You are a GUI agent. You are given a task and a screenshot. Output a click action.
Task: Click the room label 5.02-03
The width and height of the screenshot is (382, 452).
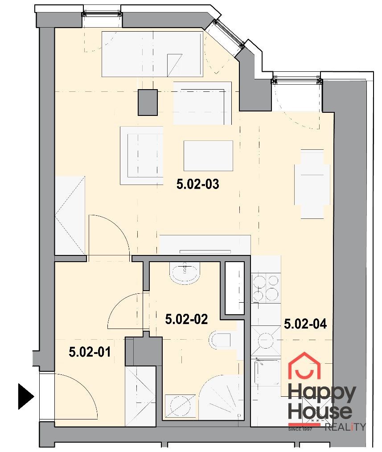198,184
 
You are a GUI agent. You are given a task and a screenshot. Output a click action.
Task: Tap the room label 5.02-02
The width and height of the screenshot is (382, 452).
186,319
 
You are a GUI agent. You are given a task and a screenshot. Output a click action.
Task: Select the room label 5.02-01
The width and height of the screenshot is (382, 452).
90,352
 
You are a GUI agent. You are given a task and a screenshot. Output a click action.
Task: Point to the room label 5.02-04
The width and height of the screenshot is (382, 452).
305,324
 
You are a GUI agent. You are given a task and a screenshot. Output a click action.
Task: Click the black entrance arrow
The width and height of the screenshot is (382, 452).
26,396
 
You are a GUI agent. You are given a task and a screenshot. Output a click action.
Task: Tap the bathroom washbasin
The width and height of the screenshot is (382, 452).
185,273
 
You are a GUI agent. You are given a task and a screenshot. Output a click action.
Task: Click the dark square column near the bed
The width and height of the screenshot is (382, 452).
148,103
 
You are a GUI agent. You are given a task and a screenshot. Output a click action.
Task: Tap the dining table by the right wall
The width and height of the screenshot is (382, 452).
312,184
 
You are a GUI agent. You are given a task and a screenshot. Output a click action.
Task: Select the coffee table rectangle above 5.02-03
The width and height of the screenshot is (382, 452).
208,156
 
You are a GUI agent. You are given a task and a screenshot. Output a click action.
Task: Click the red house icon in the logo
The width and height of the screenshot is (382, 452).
304,366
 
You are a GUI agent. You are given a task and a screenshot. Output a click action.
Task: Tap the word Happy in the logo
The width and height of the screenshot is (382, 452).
322,394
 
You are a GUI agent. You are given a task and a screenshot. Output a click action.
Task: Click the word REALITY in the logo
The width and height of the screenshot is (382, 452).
345,427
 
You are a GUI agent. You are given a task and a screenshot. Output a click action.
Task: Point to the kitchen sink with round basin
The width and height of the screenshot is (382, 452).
266,341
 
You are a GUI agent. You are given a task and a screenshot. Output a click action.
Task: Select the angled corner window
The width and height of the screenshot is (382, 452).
228,34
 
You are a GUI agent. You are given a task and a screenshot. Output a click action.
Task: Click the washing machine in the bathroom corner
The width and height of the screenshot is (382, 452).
181,407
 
